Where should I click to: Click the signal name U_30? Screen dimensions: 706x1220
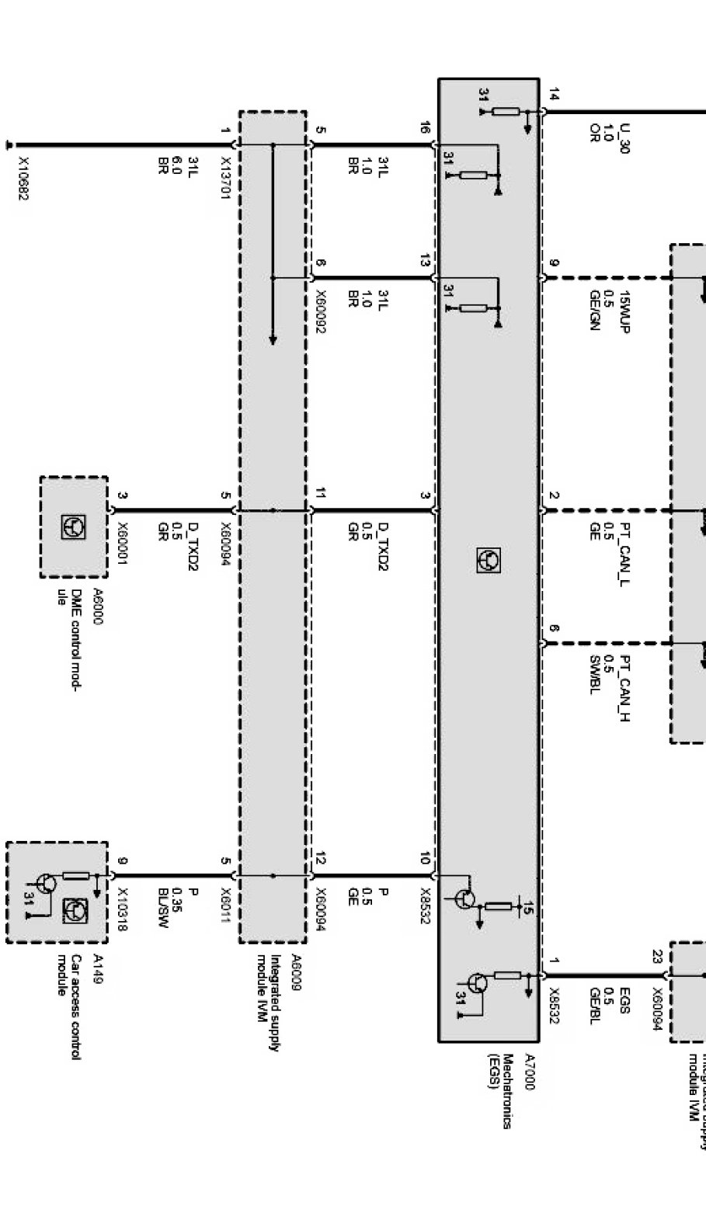pyautogui.click(x=624, y=138)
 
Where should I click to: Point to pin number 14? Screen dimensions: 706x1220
pyautogui.click(x=553, y=95)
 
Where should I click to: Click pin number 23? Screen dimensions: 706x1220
pyautogui.click(x=657, y=956)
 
